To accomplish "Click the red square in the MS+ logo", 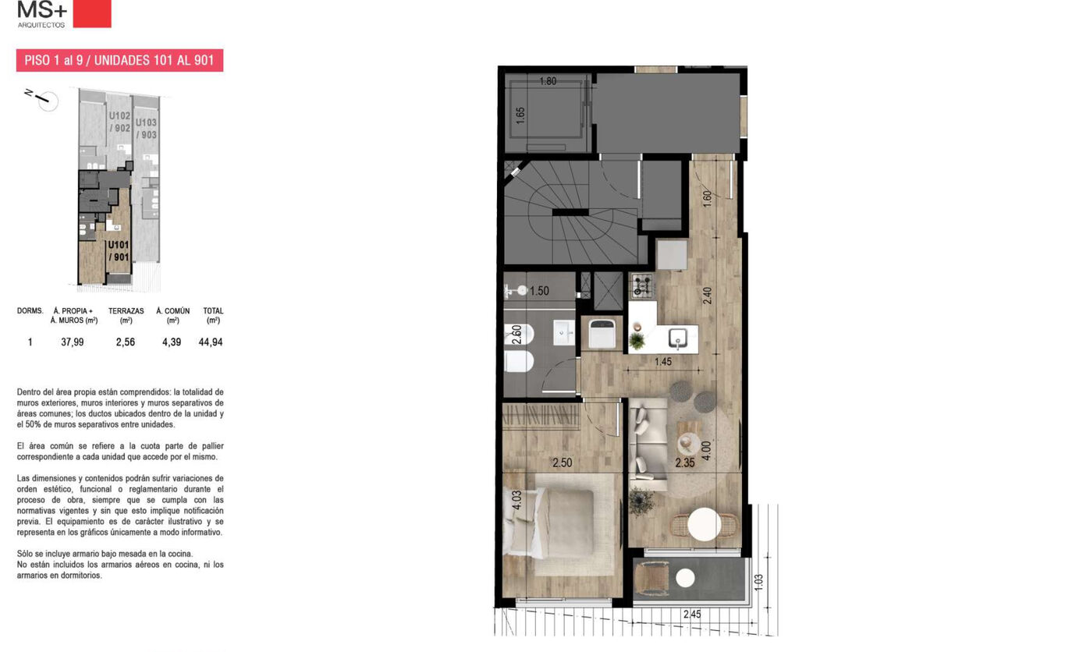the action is coord(92,13).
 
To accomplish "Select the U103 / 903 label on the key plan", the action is coord(146,129).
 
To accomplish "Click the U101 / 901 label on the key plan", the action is coord(119,251).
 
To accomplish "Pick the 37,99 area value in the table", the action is coord(73,342).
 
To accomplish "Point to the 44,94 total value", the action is coord(211,342).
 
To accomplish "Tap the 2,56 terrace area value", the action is coord(126,342).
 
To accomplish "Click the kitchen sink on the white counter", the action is coord(678,338).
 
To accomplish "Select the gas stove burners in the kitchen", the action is coord(642,285).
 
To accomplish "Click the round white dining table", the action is coord(704,524).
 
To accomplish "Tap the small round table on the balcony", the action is coord(685,579).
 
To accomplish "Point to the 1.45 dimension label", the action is coord(663,362).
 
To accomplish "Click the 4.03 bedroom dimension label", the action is coord(517,500).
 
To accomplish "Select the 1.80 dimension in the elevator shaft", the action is coord(548,81).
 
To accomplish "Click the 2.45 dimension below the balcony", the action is coord(692,615).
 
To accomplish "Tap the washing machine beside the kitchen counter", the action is coord(602,334).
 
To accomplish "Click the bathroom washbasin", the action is coord(564,332).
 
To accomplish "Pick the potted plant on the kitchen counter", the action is coord(636,341).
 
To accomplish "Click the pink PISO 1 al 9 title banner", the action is coord(120,60).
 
